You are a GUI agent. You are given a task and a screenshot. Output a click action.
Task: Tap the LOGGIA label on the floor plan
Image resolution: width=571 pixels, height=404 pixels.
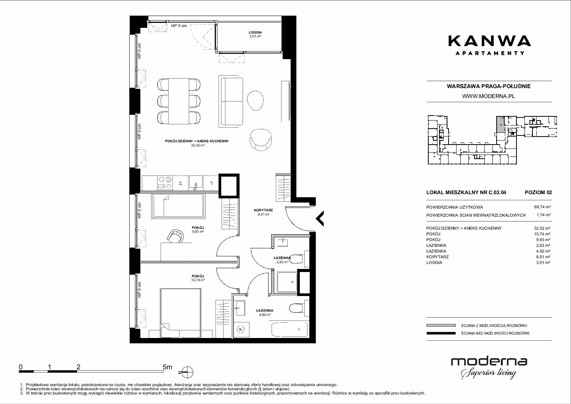(x=255, y=32)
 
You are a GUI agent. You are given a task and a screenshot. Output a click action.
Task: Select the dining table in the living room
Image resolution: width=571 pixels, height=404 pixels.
(x=179, y=101)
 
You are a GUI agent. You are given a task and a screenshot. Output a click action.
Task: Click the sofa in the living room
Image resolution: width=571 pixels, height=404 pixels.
(x=231, y=101)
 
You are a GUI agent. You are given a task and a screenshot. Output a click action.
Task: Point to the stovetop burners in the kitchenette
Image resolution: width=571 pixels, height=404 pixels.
(x=165, y=182)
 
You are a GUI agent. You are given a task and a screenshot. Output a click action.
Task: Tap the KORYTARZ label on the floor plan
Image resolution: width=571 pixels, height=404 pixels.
(x=263, y=210)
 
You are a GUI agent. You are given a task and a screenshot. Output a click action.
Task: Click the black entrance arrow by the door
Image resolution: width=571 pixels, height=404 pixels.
(x=320, y=219)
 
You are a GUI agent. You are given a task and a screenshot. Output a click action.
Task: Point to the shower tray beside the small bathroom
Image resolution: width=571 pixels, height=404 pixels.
(x=287, y=282)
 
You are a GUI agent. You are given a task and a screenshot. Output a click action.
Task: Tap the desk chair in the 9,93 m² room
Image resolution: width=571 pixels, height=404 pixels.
(x=175, y=236)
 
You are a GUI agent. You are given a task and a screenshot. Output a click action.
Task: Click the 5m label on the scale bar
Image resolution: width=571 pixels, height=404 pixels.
(x=167, y=367)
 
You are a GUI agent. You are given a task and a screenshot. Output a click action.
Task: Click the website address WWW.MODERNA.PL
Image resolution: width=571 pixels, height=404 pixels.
(x=488, y=96)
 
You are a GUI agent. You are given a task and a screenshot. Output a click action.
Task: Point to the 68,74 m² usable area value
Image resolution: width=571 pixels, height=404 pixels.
(x=542, y=207)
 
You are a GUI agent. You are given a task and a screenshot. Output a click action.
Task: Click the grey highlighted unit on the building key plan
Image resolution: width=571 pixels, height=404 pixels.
(x=500, y=124)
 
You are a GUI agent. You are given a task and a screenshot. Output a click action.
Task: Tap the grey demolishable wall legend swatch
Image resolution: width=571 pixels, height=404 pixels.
(x=441, y=325)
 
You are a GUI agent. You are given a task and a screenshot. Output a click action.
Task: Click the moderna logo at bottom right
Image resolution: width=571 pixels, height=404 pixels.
(x=489, y=368)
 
